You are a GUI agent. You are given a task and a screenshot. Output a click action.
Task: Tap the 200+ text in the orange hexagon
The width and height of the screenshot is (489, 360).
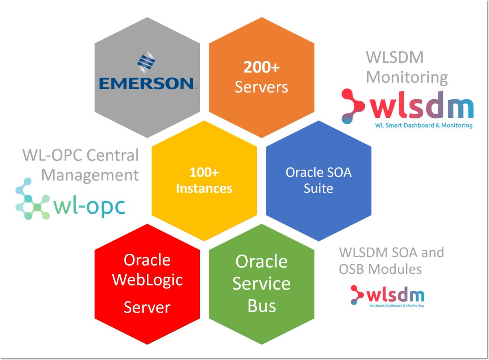pos(262,68)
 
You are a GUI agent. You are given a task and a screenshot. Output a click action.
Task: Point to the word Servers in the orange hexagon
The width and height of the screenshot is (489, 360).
pos(262,87)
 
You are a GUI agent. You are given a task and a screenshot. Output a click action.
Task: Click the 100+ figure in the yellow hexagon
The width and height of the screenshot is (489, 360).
pos(204,173)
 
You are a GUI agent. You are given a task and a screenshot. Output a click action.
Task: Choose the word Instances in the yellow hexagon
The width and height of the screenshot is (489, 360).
pos(204,189)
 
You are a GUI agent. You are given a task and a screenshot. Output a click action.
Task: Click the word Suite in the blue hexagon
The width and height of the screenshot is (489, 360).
pos(318,189)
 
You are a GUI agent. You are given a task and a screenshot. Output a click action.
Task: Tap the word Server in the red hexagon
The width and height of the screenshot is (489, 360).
pos(147,307)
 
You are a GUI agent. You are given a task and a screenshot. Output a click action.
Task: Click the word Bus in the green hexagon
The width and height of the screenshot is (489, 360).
pos(262,305)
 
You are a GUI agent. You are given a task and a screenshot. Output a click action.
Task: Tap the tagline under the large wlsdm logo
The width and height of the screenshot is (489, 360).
pos(424,125)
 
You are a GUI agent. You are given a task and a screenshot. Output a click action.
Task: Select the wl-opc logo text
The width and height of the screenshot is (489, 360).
pos(89,206)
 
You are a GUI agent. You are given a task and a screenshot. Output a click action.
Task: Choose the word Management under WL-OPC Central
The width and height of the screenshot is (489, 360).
pos(90,175)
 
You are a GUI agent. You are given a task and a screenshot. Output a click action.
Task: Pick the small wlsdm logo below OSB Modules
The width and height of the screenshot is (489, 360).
pos(387,295)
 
